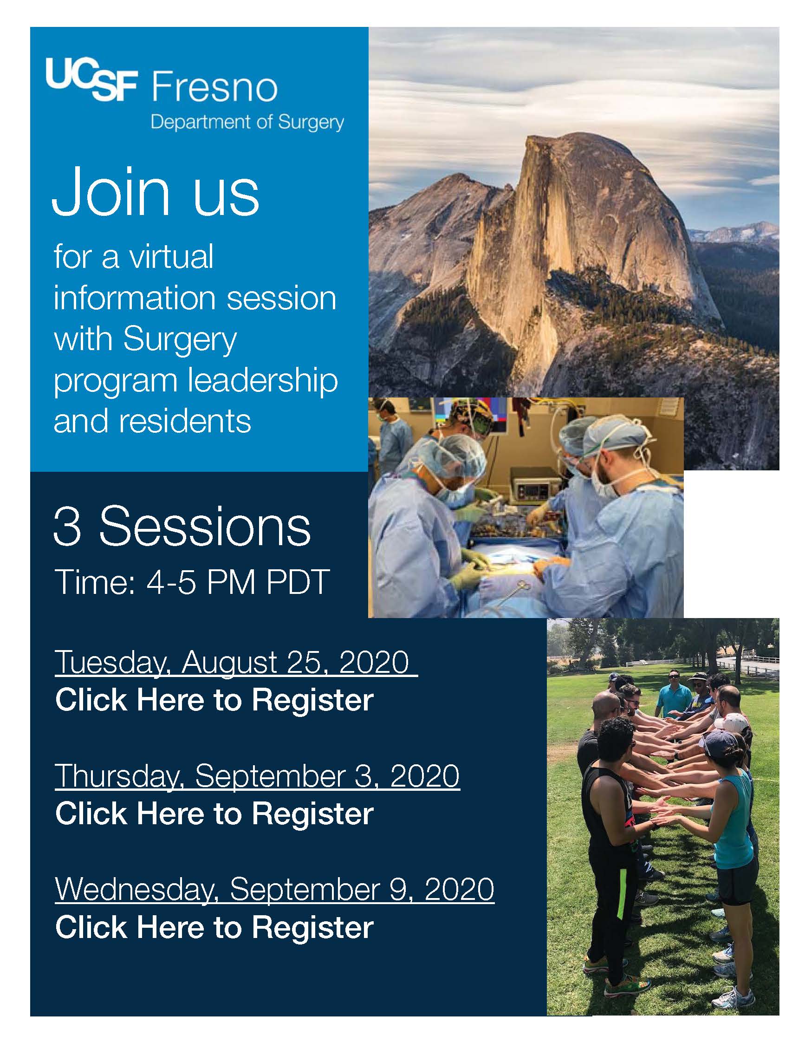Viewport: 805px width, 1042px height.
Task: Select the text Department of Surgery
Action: point(247,122)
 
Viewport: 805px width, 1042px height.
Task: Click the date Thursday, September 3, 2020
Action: point(258,776)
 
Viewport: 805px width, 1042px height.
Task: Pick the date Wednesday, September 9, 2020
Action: point(275,889)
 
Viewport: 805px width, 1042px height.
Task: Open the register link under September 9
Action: point(214,927)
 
